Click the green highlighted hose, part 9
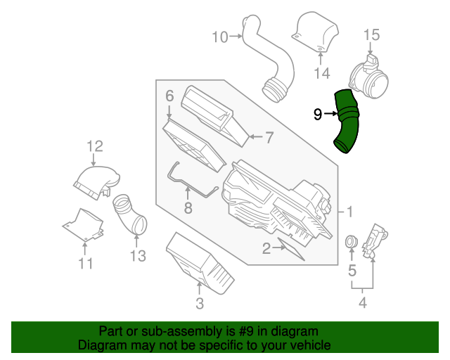tap(347, 121)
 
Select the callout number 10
tap(220, 37)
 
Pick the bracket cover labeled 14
tap(314, 32)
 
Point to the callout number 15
tap(371, 34)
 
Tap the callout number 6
tap(169, 95)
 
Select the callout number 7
tap(268, 138)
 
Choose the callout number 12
tap(95, 146)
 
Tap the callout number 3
tap(200, 304)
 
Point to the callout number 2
tap(266, 247)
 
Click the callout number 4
tap(363, 304)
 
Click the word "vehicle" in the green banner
tap(307, 345)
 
